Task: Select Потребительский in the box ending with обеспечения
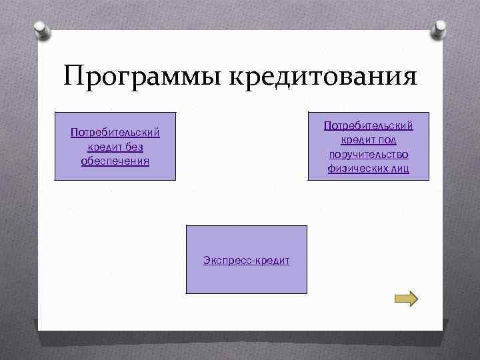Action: pyautogui.click(x=115, y=133)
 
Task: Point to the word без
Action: pyautogui.click(x=133, y=147)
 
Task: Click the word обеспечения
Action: pyautogui.click(x=115, y=161)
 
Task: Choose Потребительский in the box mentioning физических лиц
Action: pyautogui.click(x=369, y=125)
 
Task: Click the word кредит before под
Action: pyautogui.click(x=357, y=140)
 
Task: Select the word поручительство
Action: pyautogui.click(x=369, y=155)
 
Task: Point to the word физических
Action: pyautogui.click(x=354, y=169)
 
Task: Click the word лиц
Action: pyautogui.click(x=400, y=169)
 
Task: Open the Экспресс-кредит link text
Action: pyautogui.click(x=247, y=260)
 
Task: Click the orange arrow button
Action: pyautogui.click(x=405, y=298)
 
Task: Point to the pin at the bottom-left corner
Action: pyautogui.click(x=42, y=330)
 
